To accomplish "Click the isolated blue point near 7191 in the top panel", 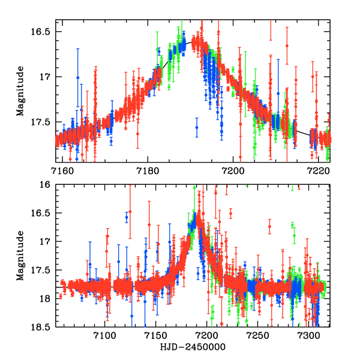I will click(x=196, y=127).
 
